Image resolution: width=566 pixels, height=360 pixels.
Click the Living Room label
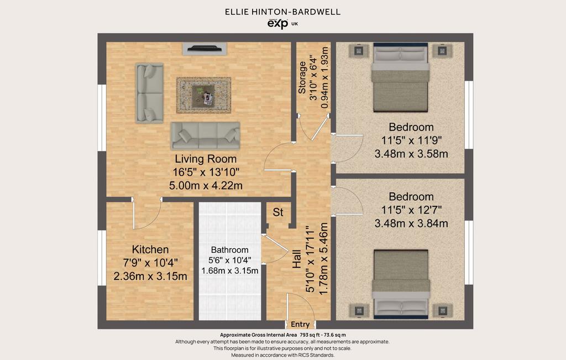click(x=206, y=159)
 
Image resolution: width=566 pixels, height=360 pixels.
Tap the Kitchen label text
click(x=150, y=249)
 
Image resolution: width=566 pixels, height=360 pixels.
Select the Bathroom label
click(x=229, y=250)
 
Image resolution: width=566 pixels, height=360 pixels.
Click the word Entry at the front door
click(x=300, y=324)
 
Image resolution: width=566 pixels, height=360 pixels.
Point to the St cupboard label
click(x=278, y=212)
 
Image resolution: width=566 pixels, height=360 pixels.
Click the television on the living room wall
click(x=205, y=49)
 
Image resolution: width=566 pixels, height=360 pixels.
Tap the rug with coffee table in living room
click(x=203, y=95)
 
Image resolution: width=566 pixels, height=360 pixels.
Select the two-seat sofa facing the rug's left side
click(x=149, y=93)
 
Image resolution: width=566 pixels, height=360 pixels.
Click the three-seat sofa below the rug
click(x=205, y=136)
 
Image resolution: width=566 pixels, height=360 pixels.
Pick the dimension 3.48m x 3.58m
click(x=411, y=154)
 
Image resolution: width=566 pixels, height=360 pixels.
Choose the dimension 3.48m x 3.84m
click(x=411, y=223)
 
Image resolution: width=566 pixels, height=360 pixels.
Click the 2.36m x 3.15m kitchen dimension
click(x=150, y=276)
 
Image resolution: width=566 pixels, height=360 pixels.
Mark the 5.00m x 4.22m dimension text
click(x=206, y=186)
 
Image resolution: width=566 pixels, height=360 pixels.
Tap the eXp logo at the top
click(x=277, y=23)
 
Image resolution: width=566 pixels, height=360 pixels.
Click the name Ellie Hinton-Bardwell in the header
click(x=282, y=12)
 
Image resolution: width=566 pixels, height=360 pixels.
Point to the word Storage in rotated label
click(x=302, y=77)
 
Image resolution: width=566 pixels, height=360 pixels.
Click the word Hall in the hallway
click(x=296, y=259)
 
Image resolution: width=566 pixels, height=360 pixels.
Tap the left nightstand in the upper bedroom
click(x=358, y=51)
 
